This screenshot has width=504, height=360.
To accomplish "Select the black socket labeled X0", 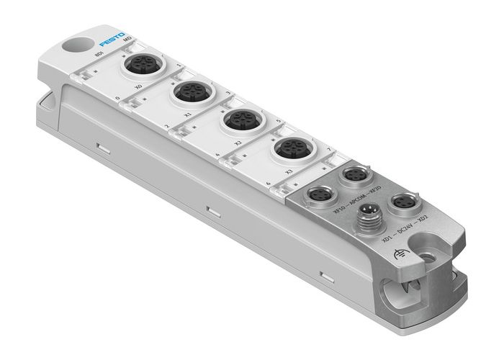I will point(138,67).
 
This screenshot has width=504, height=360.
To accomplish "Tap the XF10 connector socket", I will point(318,194).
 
